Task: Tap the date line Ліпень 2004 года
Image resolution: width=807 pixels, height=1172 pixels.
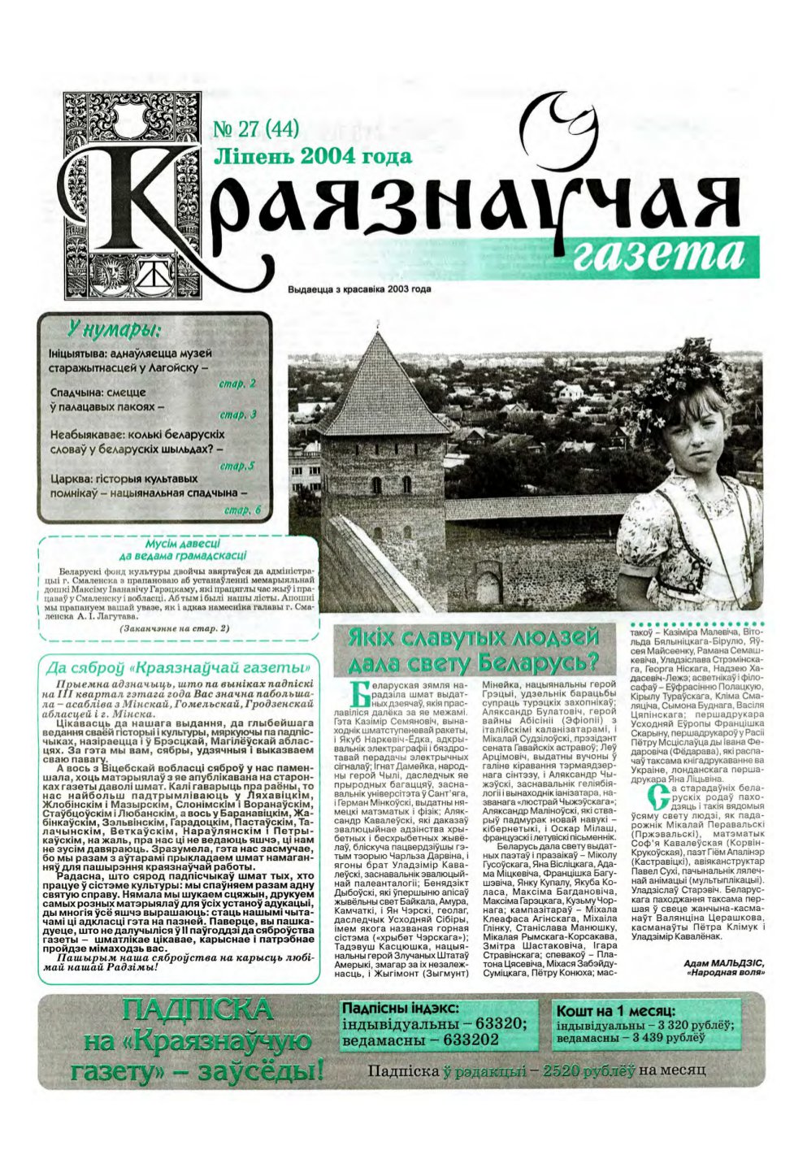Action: coord(311,157)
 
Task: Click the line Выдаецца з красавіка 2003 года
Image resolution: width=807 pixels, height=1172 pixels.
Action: coord(358,289)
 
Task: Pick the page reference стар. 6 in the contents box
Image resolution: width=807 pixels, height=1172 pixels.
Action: coord(241,510)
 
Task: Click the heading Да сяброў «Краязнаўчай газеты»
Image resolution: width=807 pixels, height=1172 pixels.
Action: coord(180,667)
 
